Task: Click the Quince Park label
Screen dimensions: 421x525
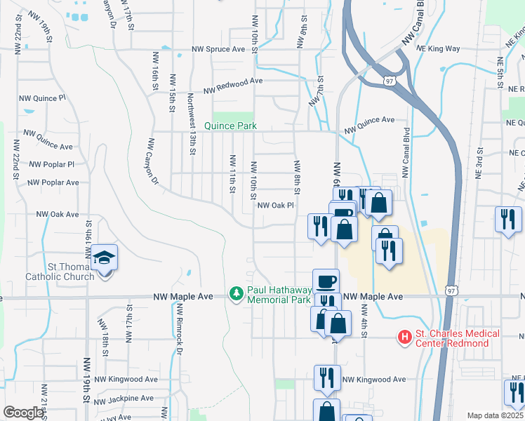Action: (x=230, y=126)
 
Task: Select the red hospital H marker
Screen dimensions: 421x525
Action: (x=404, y=338)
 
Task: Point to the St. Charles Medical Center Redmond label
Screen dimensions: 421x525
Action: (x=458, y=338)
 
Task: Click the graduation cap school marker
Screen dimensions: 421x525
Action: (x=105, y=258)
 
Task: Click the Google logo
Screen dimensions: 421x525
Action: (x=23, y=413)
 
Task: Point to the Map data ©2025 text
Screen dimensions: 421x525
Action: (x=495, y=415)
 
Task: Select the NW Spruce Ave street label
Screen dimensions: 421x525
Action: (x=219, y=50)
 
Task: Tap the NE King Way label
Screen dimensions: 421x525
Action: (x=437, y=49)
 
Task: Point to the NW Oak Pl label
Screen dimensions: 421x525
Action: (x=275, y=206)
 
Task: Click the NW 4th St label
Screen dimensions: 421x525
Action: (x=364, y=319)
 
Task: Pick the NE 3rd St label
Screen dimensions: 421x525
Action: (x=479, y=161)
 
